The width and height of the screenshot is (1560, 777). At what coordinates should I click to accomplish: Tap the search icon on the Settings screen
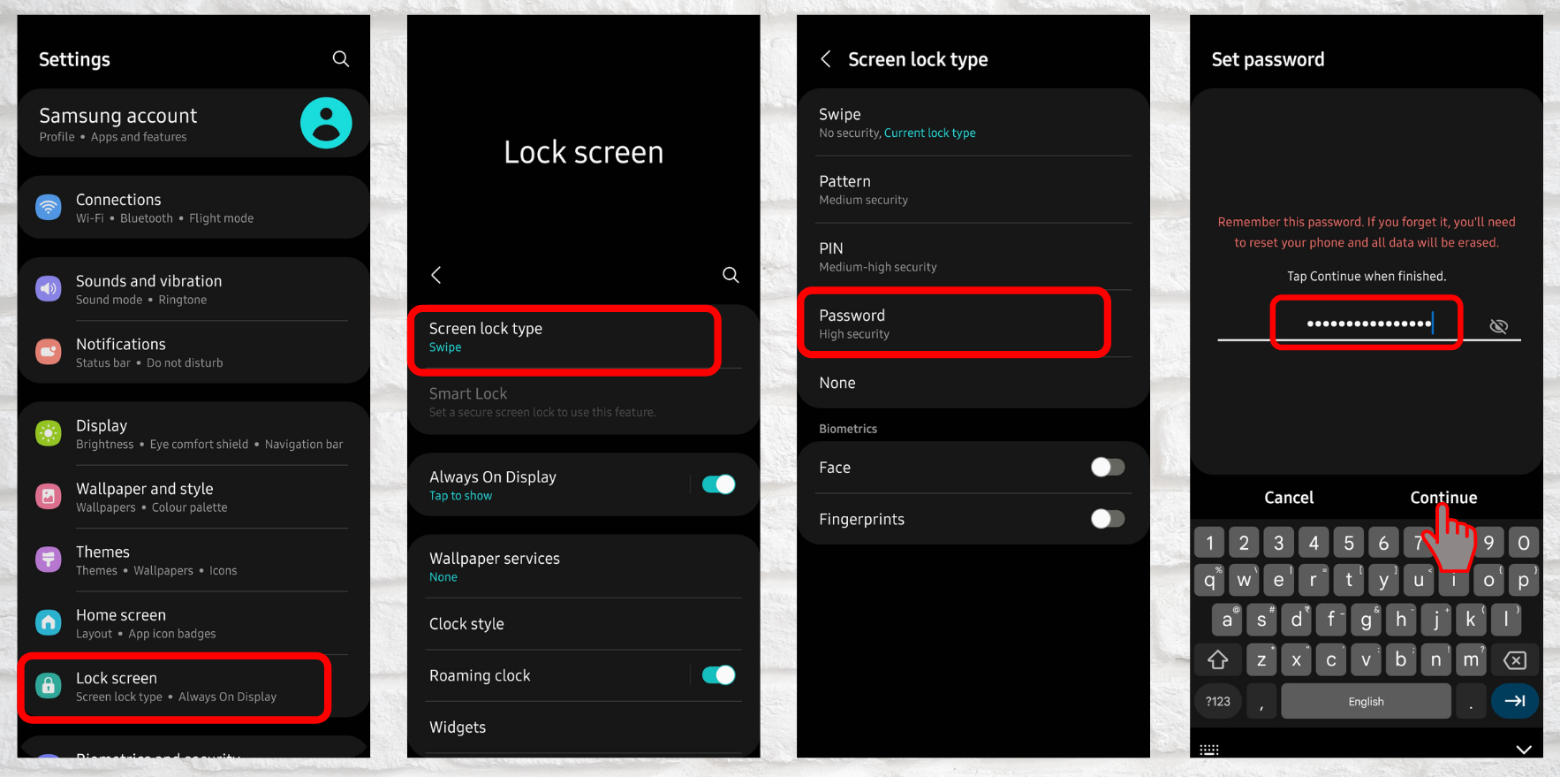click(340, 59)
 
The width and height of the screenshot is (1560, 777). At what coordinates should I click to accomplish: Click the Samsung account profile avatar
click(326, 123)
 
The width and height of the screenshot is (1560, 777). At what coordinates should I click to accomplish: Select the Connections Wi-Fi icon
click(49, 208)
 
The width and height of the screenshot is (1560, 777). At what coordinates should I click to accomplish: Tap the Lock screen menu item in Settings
click(175, 687)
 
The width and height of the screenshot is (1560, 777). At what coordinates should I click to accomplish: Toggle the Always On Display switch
click(718, 484)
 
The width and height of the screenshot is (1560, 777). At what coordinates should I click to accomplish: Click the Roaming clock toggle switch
click(718, 675)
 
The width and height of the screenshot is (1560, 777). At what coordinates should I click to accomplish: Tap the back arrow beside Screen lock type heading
click(826, 59)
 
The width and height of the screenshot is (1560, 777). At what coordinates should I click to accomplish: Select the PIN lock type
click(972, 256)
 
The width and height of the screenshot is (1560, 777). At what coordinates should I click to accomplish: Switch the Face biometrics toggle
click(1107, 467)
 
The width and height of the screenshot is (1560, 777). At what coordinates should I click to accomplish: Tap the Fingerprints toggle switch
click(1107, 519)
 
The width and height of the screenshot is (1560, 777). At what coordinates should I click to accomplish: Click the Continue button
click(1443, 498)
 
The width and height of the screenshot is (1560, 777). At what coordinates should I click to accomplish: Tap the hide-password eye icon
click(1498, 326)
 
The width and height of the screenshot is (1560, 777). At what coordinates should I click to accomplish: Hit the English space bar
click(1366, 701)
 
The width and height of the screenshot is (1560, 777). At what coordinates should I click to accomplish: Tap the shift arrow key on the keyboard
click(1218, 659)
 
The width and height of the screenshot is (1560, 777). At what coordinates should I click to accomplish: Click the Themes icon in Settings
click(49, 560)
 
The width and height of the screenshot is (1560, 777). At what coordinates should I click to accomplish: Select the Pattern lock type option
click(972, 189)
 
